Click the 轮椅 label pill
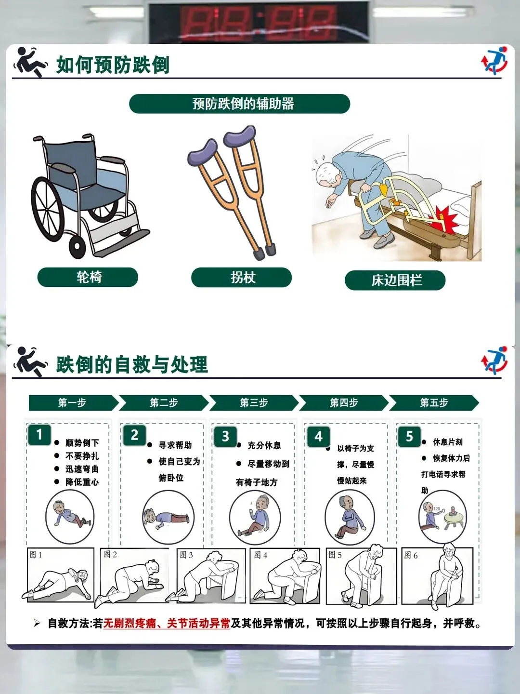(x=88, y=277)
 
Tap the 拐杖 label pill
(x=242, y=277)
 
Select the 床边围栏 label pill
(x=395, y=280)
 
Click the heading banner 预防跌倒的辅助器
(x=240, y=104)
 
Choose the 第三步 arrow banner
(x=254, y=403)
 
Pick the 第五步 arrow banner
(x=434, y=403)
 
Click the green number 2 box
(x=134, y=435)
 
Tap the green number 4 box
(x=319, y=437)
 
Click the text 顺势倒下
(x=82, y=442)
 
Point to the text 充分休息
(x=264, y=445)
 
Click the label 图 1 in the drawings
(x=36, y=555)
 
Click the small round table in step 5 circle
(x=454, y=519)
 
